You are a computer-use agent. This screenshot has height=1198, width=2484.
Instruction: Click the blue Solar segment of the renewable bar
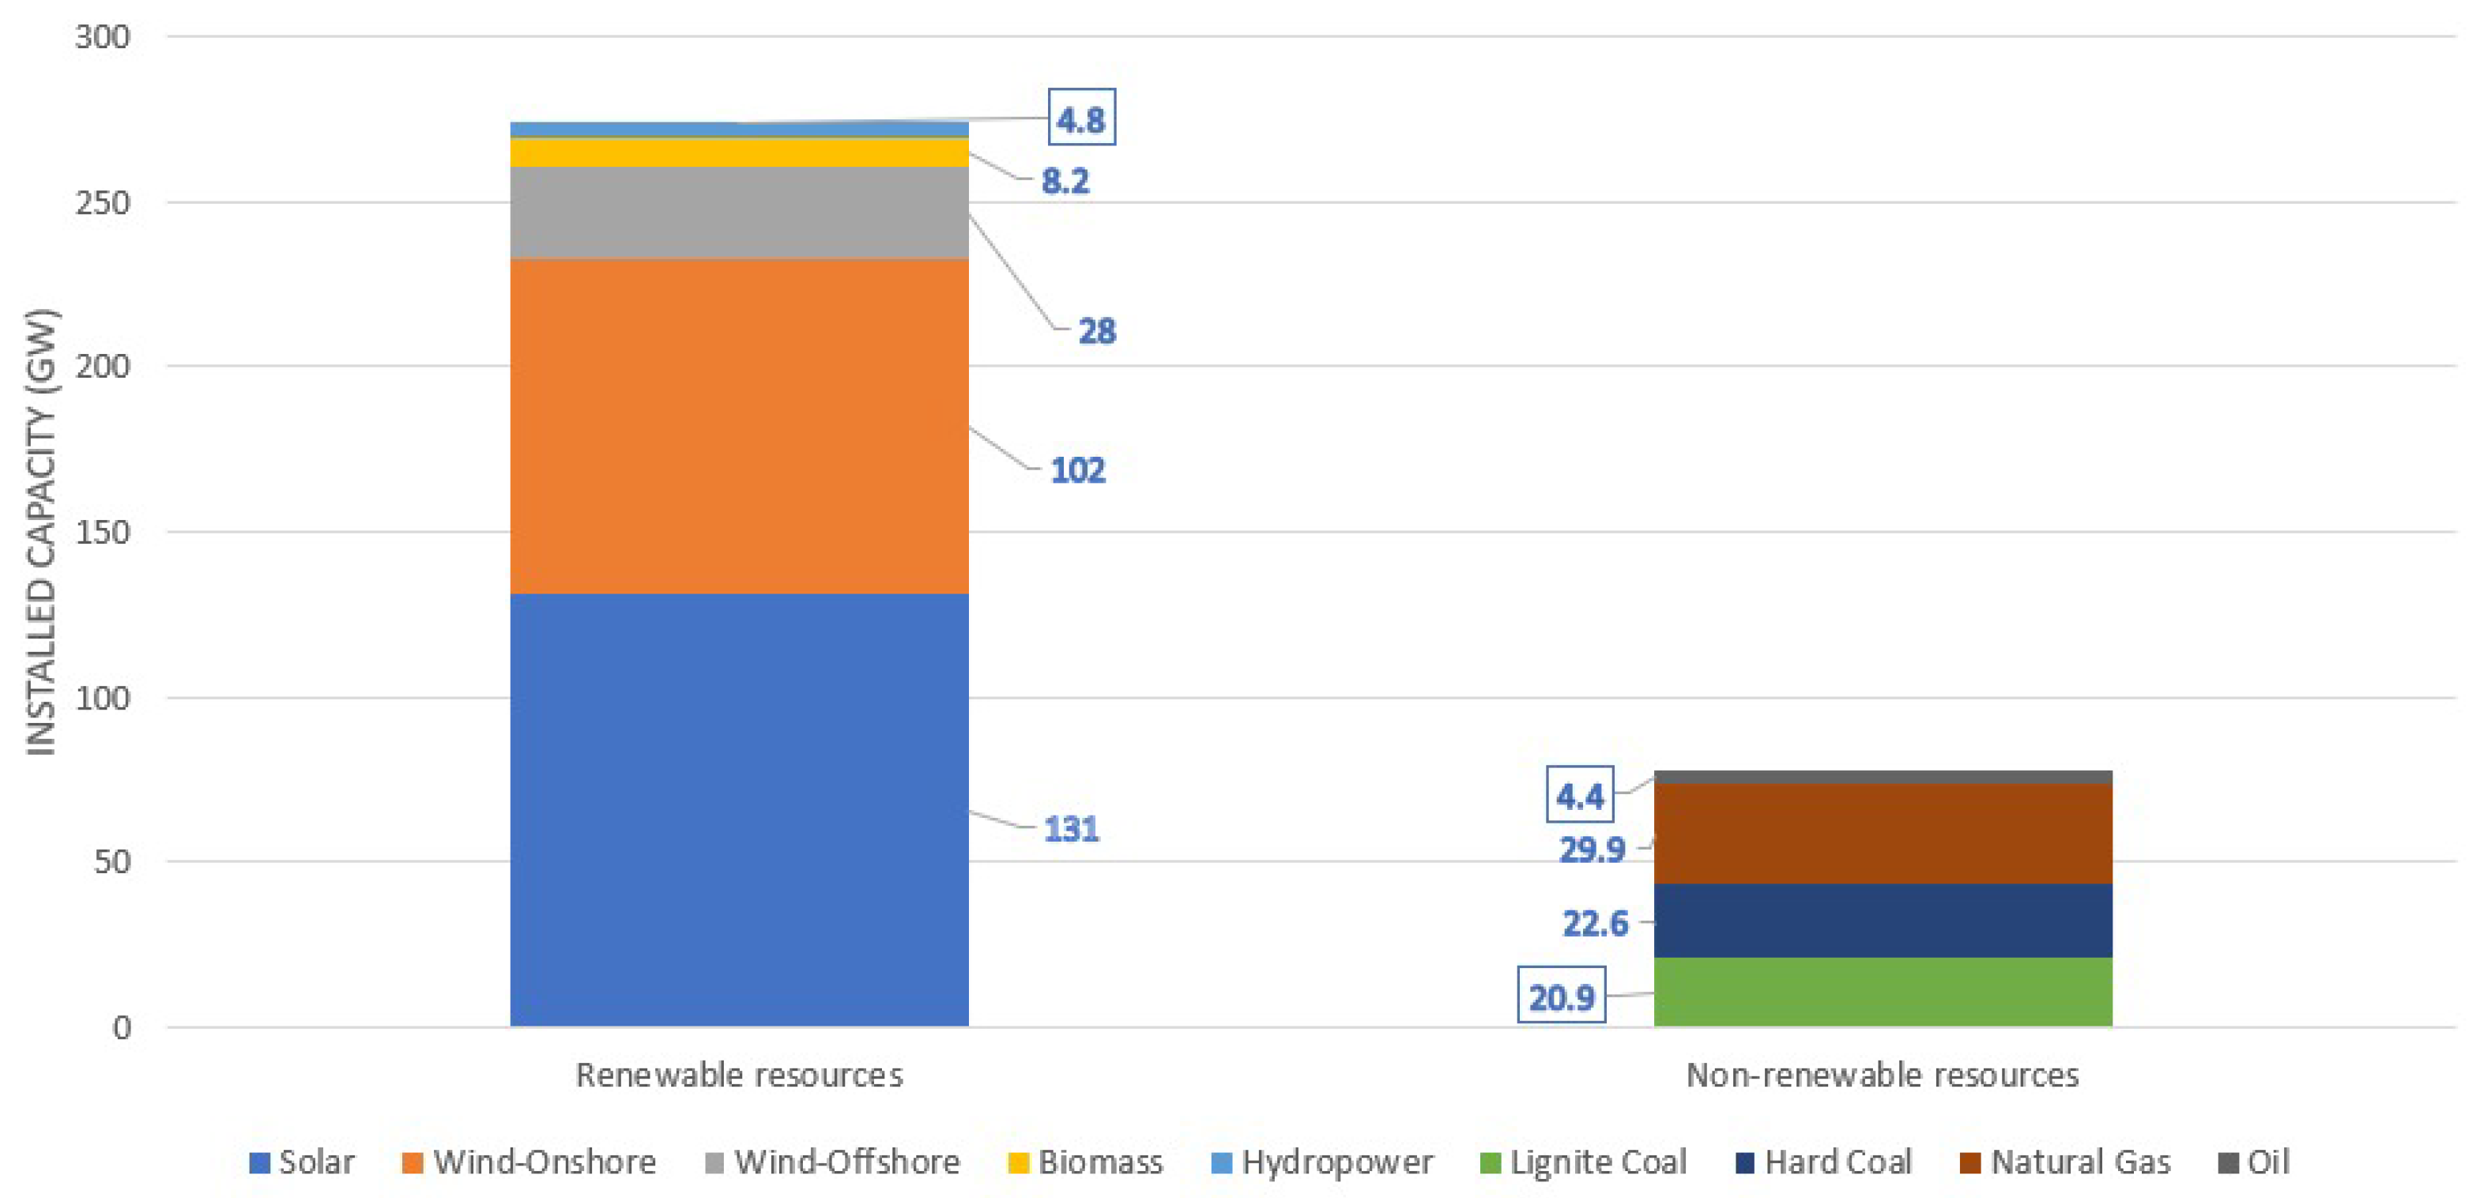point(739,809)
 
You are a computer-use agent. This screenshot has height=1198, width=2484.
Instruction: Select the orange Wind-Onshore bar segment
point(739,426)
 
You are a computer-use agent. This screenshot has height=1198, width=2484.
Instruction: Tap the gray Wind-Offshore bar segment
point(739,212)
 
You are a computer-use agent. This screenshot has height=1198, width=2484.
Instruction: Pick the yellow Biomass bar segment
point(739,151)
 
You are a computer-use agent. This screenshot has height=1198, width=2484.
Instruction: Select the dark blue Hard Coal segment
point(1883,921)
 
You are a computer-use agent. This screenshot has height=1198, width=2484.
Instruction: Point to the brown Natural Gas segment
point(1883,834)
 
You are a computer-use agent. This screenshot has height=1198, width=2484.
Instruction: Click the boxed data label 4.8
point(1081,118)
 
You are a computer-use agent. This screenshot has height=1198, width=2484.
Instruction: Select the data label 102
point(1077,470)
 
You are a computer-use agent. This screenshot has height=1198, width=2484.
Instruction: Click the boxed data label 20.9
point(1561,996)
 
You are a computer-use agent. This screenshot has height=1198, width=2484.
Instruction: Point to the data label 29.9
point(1592,849)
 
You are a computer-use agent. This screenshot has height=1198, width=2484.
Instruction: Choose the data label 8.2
point(1065,180)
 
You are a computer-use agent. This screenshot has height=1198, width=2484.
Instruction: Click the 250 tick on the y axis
point(102,202)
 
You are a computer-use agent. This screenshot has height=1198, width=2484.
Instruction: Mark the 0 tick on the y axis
point(122,1027)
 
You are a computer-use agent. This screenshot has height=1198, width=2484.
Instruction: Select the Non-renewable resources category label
point(1883,1075)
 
